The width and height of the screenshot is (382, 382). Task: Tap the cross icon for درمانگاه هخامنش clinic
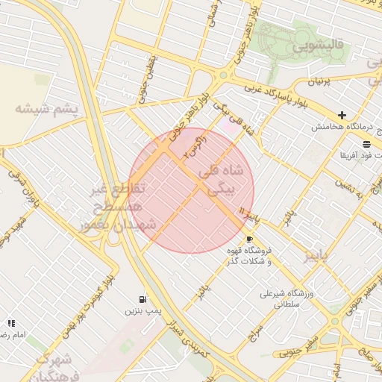pyautogui.click(x=342, y=115)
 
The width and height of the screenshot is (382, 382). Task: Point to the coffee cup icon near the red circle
pyautogui.click(x=248, y=239)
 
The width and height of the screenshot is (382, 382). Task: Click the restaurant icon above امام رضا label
pyautogui.click(x=11, y=323)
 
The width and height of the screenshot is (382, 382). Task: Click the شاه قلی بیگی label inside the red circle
pyautogui.click(x=222, y=179)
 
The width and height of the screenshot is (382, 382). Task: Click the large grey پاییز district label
pyautogui.click(x=322, y=257)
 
